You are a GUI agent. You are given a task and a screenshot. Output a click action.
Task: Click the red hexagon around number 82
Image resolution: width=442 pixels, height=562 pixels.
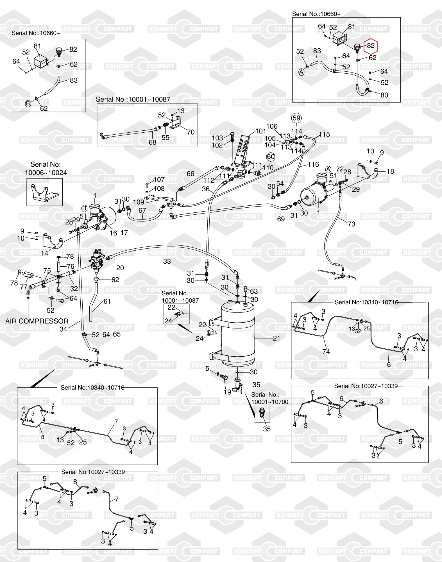coord(371,46)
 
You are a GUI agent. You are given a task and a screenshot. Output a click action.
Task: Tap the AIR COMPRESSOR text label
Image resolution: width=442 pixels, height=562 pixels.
coord(37,321)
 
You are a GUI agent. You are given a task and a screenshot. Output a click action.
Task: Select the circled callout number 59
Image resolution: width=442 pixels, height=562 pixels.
coord(297,118)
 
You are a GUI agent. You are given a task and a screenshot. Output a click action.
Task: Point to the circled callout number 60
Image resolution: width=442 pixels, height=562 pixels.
coord(270,157)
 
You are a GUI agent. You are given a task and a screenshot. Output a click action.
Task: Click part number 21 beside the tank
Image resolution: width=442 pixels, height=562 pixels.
coord(276,338)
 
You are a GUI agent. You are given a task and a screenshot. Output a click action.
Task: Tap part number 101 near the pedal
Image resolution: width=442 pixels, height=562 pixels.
coord(260,131)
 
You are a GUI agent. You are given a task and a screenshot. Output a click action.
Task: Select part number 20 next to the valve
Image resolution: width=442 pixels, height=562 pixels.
coord(120,268)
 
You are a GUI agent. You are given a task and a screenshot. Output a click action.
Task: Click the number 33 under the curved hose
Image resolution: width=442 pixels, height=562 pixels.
coord(167,261)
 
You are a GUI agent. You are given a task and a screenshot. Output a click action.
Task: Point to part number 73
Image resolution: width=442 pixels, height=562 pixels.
coord(351,224)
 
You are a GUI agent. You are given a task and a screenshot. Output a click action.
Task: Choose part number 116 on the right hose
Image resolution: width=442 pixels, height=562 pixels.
coord(313,164)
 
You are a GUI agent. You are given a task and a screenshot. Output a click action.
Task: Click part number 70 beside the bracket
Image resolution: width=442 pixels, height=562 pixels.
coord(191,132)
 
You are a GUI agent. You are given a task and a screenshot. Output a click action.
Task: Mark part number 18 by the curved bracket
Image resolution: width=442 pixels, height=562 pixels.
coord(390,171)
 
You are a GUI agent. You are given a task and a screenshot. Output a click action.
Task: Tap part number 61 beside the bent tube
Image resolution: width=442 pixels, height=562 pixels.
coord(107,301)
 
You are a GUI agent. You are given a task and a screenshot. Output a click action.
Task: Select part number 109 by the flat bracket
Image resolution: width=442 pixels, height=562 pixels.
coord(138,202)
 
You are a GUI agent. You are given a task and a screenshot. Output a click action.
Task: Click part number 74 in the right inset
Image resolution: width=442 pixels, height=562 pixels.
coord(326,352)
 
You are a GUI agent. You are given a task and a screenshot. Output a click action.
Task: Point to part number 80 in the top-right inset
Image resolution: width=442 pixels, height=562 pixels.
coord(384,95)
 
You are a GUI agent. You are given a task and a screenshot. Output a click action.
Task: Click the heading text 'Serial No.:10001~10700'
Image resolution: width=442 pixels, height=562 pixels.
coord(270,398)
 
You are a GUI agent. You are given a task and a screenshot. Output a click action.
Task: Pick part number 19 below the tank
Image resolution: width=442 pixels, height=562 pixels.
coord(227,392)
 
